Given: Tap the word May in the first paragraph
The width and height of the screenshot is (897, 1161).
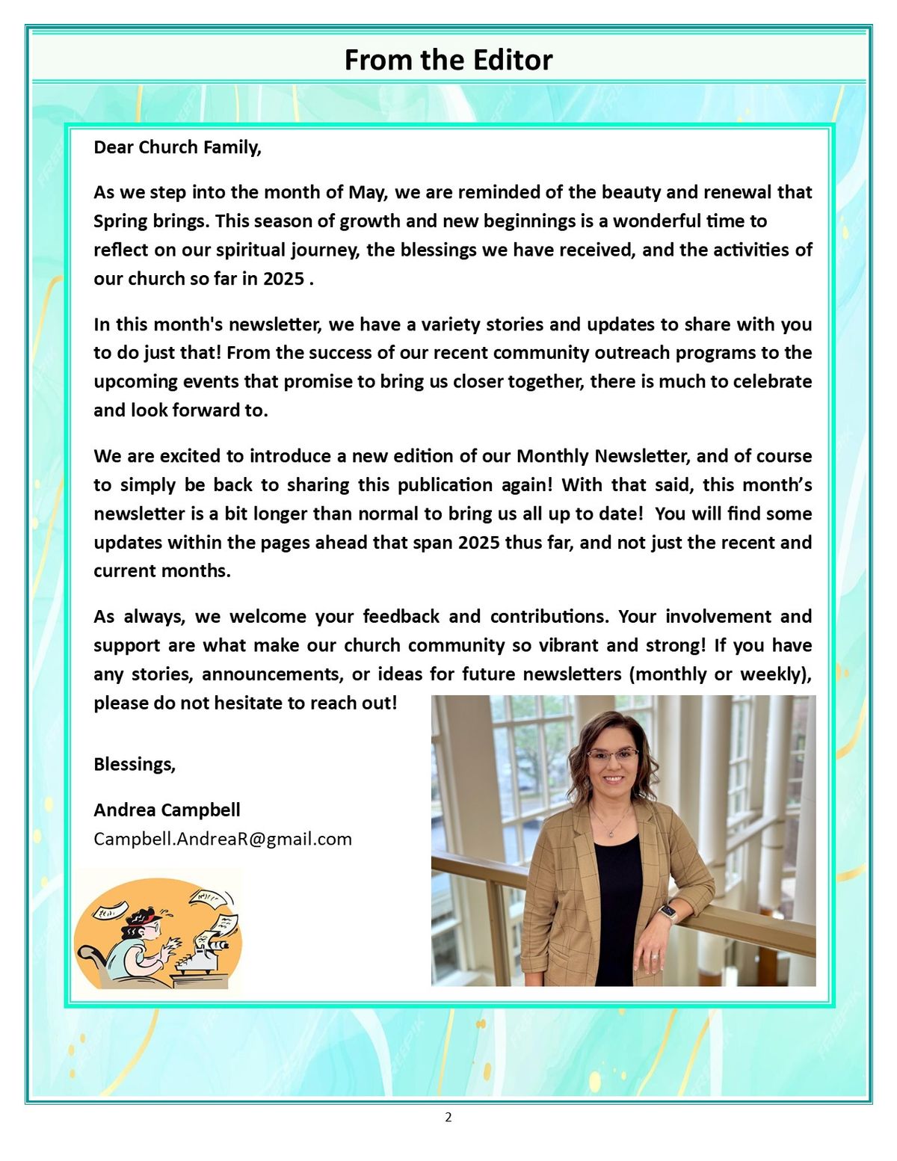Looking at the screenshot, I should coord(367,193).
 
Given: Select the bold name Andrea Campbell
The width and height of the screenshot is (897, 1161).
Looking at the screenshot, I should coord(167,810).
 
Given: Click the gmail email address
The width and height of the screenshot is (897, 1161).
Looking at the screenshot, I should coord(223,839).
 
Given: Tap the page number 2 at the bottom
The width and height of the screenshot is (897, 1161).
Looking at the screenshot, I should coord(449,1118).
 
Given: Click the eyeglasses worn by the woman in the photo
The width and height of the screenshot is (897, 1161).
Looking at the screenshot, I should coord(612,755).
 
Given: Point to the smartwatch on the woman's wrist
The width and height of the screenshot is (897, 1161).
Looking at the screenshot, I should coord(667,913).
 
